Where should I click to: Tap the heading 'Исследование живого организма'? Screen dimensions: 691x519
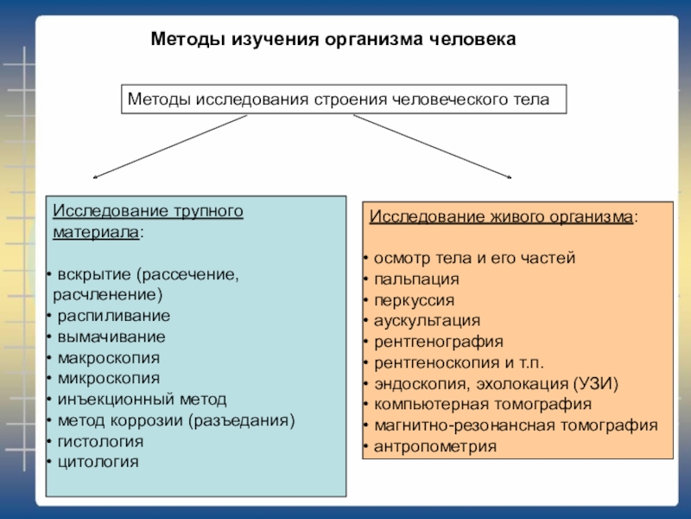click(x=503, y=216)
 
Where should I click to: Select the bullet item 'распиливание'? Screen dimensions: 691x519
click(x=113, y=316)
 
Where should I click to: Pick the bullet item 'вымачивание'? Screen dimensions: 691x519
click(x=111, y=336)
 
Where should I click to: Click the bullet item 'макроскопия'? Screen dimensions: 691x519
click(x=108, y=357)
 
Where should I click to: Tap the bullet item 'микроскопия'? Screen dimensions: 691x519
click(x=108, y=378)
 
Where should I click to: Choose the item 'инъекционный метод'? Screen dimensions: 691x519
click(x=142, y=399)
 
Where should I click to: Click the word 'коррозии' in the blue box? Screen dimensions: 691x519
click(x=148, y=420)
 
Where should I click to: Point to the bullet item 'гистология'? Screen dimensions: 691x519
click(x=100, y=441)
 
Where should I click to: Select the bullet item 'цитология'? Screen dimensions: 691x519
click(x=98, y=462)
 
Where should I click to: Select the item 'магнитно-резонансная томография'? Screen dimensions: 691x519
click(x=516, y=426)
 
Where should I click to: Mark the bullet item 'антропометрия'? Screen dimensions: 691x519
click(x=435, y=446)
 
